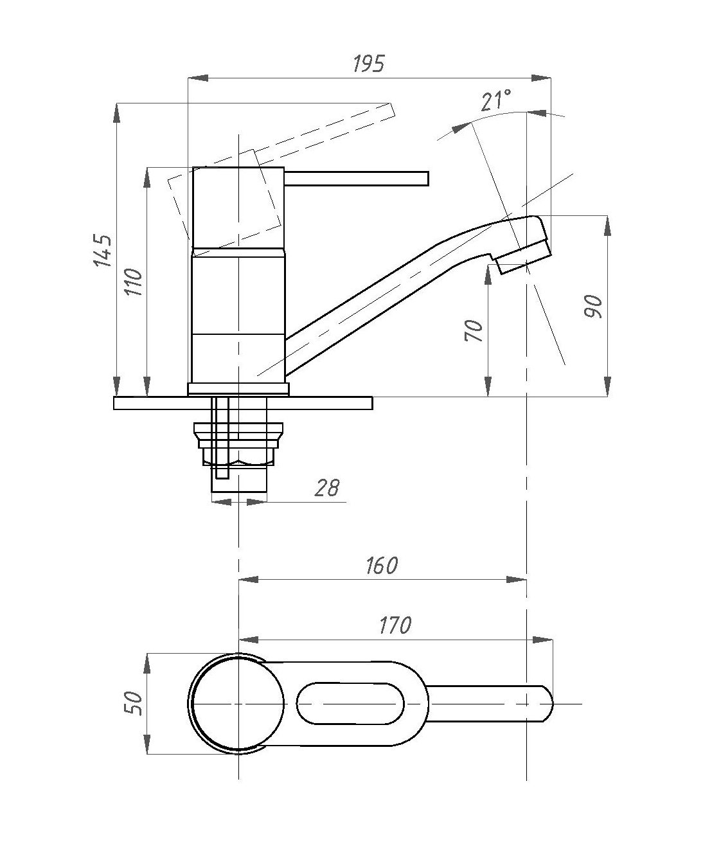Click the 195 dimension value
click(x=368, y=64)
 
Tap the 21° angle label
click(x=495, y=100)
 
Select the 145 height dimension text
click(x=102, y=250)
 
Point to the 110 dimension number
click(x=134, y=282)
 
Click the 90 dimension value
click(x=593, y=307)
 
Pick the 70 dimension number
click(x=474, y=330)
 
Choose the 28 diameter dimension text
click(x=327, y=488)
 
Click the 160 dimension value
click(x=382, y=566)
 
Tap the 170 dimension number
click(x=395, y=625)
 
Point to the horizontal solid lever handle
click(x=357, y=178)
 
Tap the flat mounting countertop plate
click(x=243, y=403)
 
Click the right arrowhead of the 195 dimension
click(x=541, y=78)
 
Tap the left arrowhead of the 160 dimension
click(x=249, y=580)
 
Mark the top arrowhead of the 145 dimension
click(x=117, y=113)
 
